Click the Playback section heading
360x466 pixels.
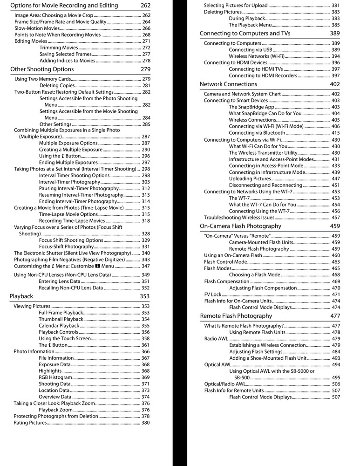point(21,296)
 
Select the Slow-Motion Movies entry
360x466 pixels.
point(37,28)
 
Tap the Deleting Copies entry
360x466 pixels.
point(57,86)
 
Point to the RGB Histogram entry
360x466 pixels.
point(55,377)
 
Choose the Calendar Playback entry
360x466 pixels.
point(59,326)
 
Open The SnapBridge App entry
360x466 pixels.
point(251,107)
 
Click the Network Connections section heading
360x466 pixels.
point(228,84)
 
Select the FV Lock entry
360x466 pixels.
point(213,295)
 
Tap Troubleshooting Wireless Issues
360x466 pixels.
point(239,218)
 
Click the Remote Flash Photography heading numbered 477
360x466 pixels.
point(236,316)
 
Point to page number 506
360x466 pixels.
point(336,384)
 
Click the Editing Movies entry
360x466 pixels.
point(31,41)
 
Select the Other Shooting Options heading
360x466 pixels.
point(42,69)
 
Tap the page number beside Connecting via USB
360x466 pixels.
point(336,50)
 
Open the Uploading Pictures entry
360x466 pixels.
point(250,179)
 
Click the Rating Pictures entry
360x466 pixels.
point(31,423)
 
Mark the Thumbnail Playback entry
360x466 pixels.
point(61,319)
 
